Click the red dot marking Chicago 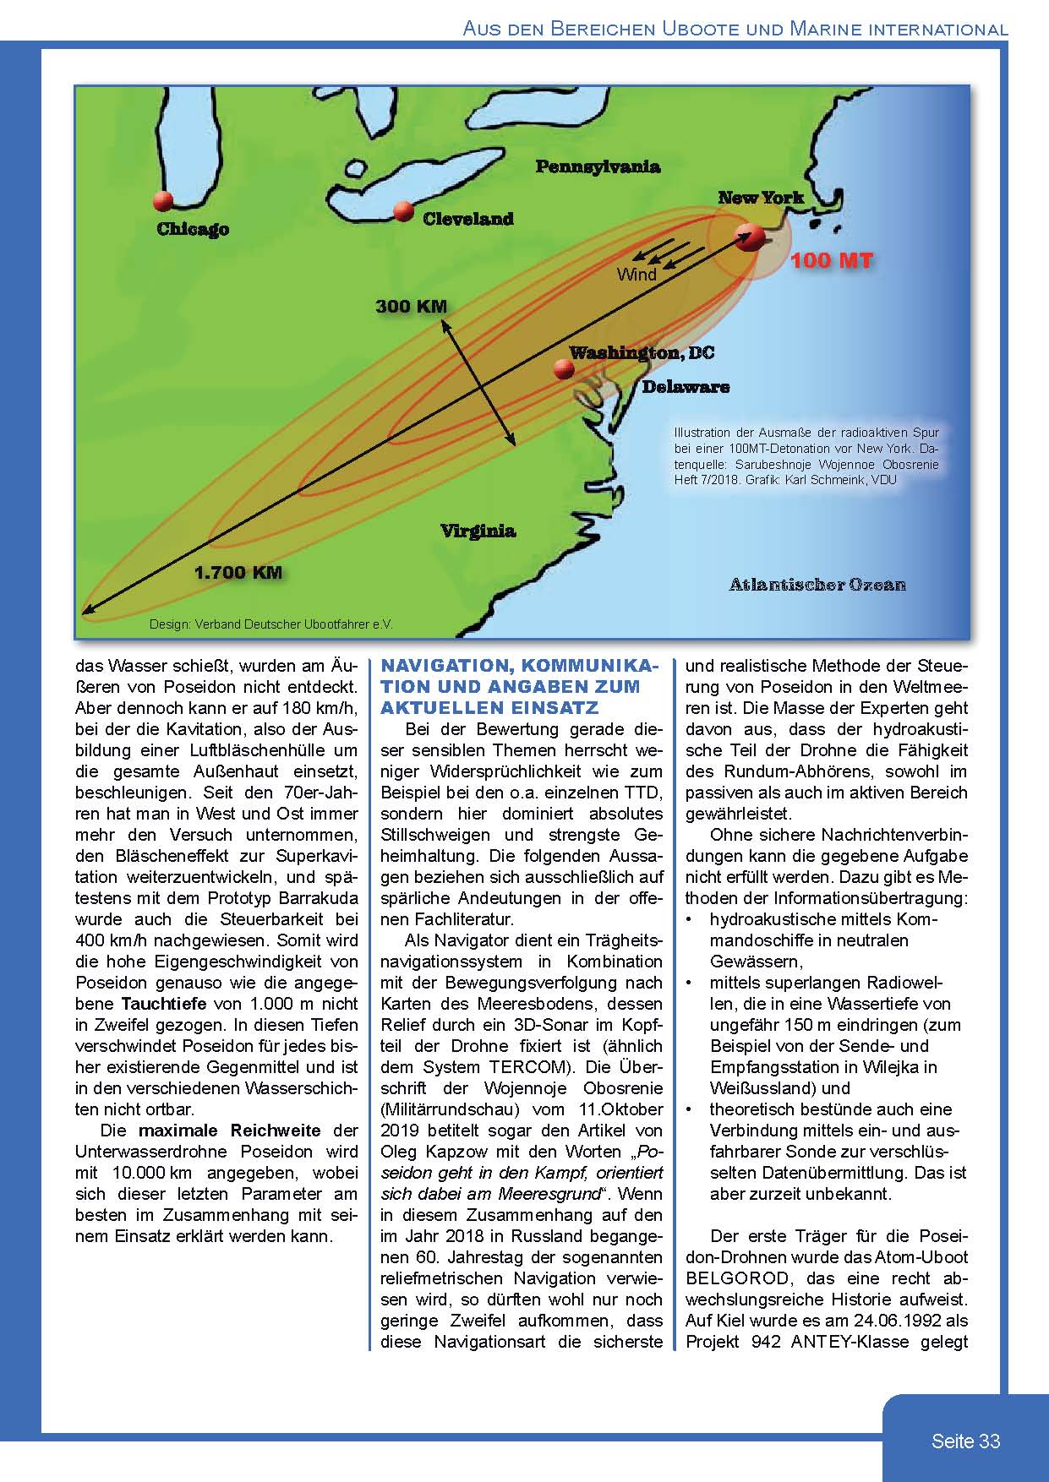162,201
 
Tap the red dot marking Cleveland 403,210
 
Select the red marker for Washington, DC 561,369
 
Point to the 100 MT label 831,260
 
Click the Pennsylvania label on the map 598,166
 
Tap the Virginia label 478,531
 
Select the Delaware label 686,387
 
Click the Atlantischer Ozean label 817,584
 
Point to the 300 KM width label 411,306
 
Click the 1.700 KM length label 238,572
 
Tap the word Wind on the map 637,275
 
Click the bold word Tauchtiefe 163,1004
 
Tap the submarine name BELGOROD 734,1278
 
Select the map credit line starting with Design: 270,624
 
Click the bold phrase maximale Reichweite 229,1131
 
